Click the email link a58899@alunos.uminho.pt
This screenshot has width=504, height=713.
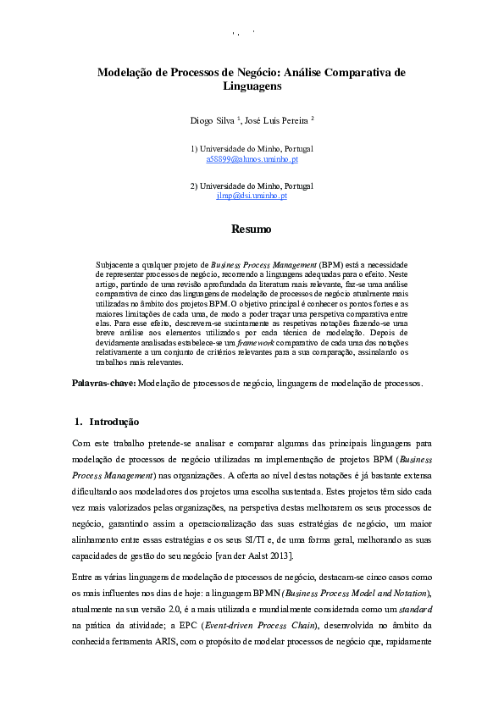pyautogui.click(x=252, y=158)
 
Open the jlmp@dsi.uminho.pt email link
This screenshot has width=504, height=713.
pyautogui.click(x=252, y=196)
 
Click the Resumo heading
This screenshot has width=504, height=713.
pyautogui.click(x=252, y=229)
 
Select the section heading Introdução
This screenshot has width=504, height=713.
pyautogui.click(x=114, y=422)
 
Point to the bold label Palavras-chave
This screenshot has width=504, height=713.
pyautogui.click(x=102, y=384)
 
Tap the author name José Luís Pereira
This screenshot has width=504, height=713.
pyautogui.click(x=276, y=121)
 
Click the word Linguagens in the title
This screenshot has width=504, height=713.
pyautogui.click(x=252, y=86)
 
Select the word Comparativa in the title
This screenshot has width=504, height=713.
pyautogui.click(x=352, y=73)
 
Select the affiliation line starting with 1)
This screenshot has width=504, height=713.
pyautogui.click(x=252, y=148)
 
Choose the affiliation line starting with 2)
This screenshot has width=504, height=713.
pyautogui.click(x=252, y=185)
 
